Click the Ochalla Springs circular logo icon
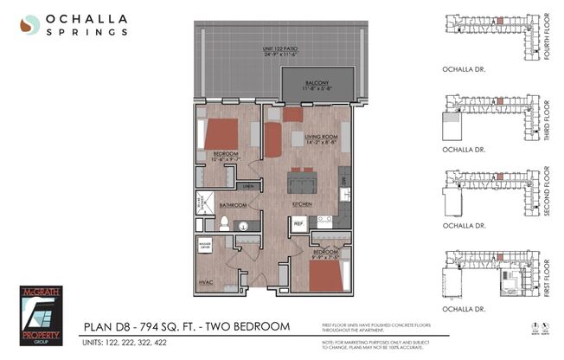[30, 24]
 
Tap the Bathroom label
[233, 205]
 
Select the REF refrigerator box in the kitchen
[299, 222]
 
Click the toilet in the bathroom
[223, 224]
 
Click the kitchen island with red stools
[303, 180]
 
